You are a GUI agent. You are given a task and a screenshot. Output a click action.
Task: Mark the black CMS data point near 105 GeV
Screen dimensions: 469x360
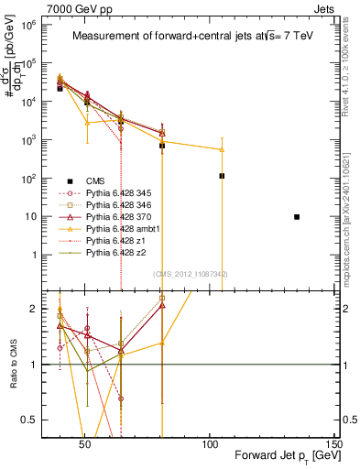click(222, 176)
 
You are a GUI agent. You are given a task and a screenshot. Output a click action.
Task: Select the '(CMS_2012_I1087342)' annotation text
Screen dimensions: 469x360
click(191, 274)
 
